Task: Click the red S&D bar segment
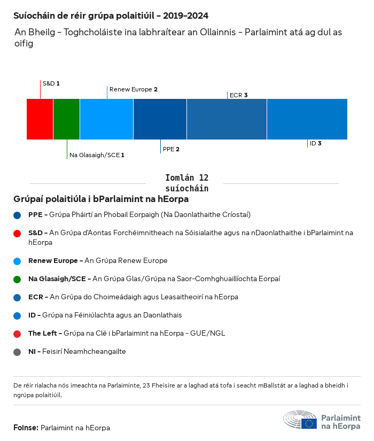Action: tap(40, 119)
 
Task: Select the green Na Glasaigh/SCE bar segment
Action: tap(67, 119)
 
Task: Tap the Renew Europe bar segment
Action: tap(107, 119)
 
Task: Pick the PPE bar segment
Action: tap(160, 119)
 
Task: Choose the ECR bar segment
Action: tap(227, 119)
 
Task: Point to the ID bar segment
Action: tap(307, 119)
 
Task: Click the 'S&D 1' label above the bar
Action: tap(51, 83)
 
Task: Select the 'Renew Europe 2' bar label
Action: tap(133, 89)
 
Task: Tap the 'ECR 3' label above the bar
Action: tap(238, 95)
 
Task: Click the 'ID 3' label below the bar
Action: tap(315, 143)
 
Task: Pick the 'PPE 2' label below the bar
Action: tap(171, 149)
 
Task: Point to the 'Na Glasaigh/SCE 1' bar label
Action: tap(97, 155)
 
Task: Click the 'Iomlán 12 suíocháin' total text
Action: tap(186, 183)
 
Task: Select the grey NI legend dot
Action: tap(18, 352)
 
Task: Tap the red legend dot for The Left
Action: tap(18, 334)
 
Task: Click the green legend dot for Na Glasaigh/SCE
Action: tap(18, 279)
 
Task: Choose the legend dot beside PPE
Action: tap(18, 215)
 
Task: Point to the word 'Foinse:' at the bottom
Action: tap(26, 428)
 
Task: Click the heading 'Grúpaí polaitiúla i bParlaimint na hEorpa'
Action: tap(101, 199)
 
